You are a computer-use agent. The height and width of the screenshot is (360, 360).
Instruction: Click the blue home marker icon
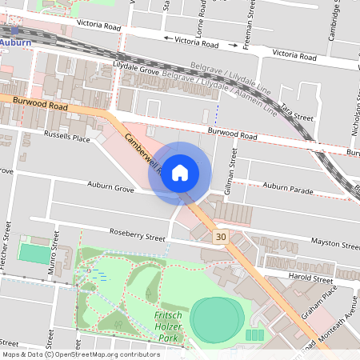[180, 172]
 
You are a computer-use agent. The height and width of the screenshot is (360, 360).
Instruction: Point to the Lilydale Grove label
[136, 72]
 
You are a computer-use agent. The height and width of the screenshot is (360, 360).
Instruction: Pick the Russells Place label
[67, 137]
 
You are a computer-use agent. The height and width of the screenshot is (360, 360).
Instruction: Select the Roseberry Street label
[137, 238]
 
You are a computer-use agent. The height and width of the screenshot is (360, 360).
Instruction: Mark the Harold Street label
[311, 280]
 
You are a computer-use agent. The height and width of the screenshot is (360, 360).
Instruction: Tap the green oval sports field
[215, 318]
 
